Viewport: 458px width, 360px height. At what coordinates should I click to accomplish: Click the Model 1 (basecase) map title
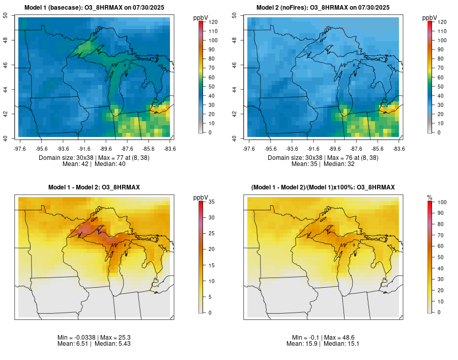94,7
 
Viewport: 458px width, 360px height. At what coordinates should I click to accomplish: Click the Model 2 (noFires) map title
323,7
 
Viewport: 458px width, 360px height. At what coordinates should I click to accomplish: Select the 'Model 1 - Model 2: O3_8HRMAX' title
94,187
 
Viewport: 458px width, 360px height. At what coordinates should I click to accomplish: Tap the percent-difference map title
323,187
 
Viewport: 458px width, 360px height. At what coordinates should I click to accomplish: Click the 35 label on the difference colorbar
210,202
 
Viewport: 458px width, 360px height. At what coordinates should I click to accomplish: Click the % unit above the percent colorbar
430,197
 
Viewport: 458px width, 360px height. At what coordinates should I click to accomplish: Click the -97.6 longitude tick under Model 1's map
20,149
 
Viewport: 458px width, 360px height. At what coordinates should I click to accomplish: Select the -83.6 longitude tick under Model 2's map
398,149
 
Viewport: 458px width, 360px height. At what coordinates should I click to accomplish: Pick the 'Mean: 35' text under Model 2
304,164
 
